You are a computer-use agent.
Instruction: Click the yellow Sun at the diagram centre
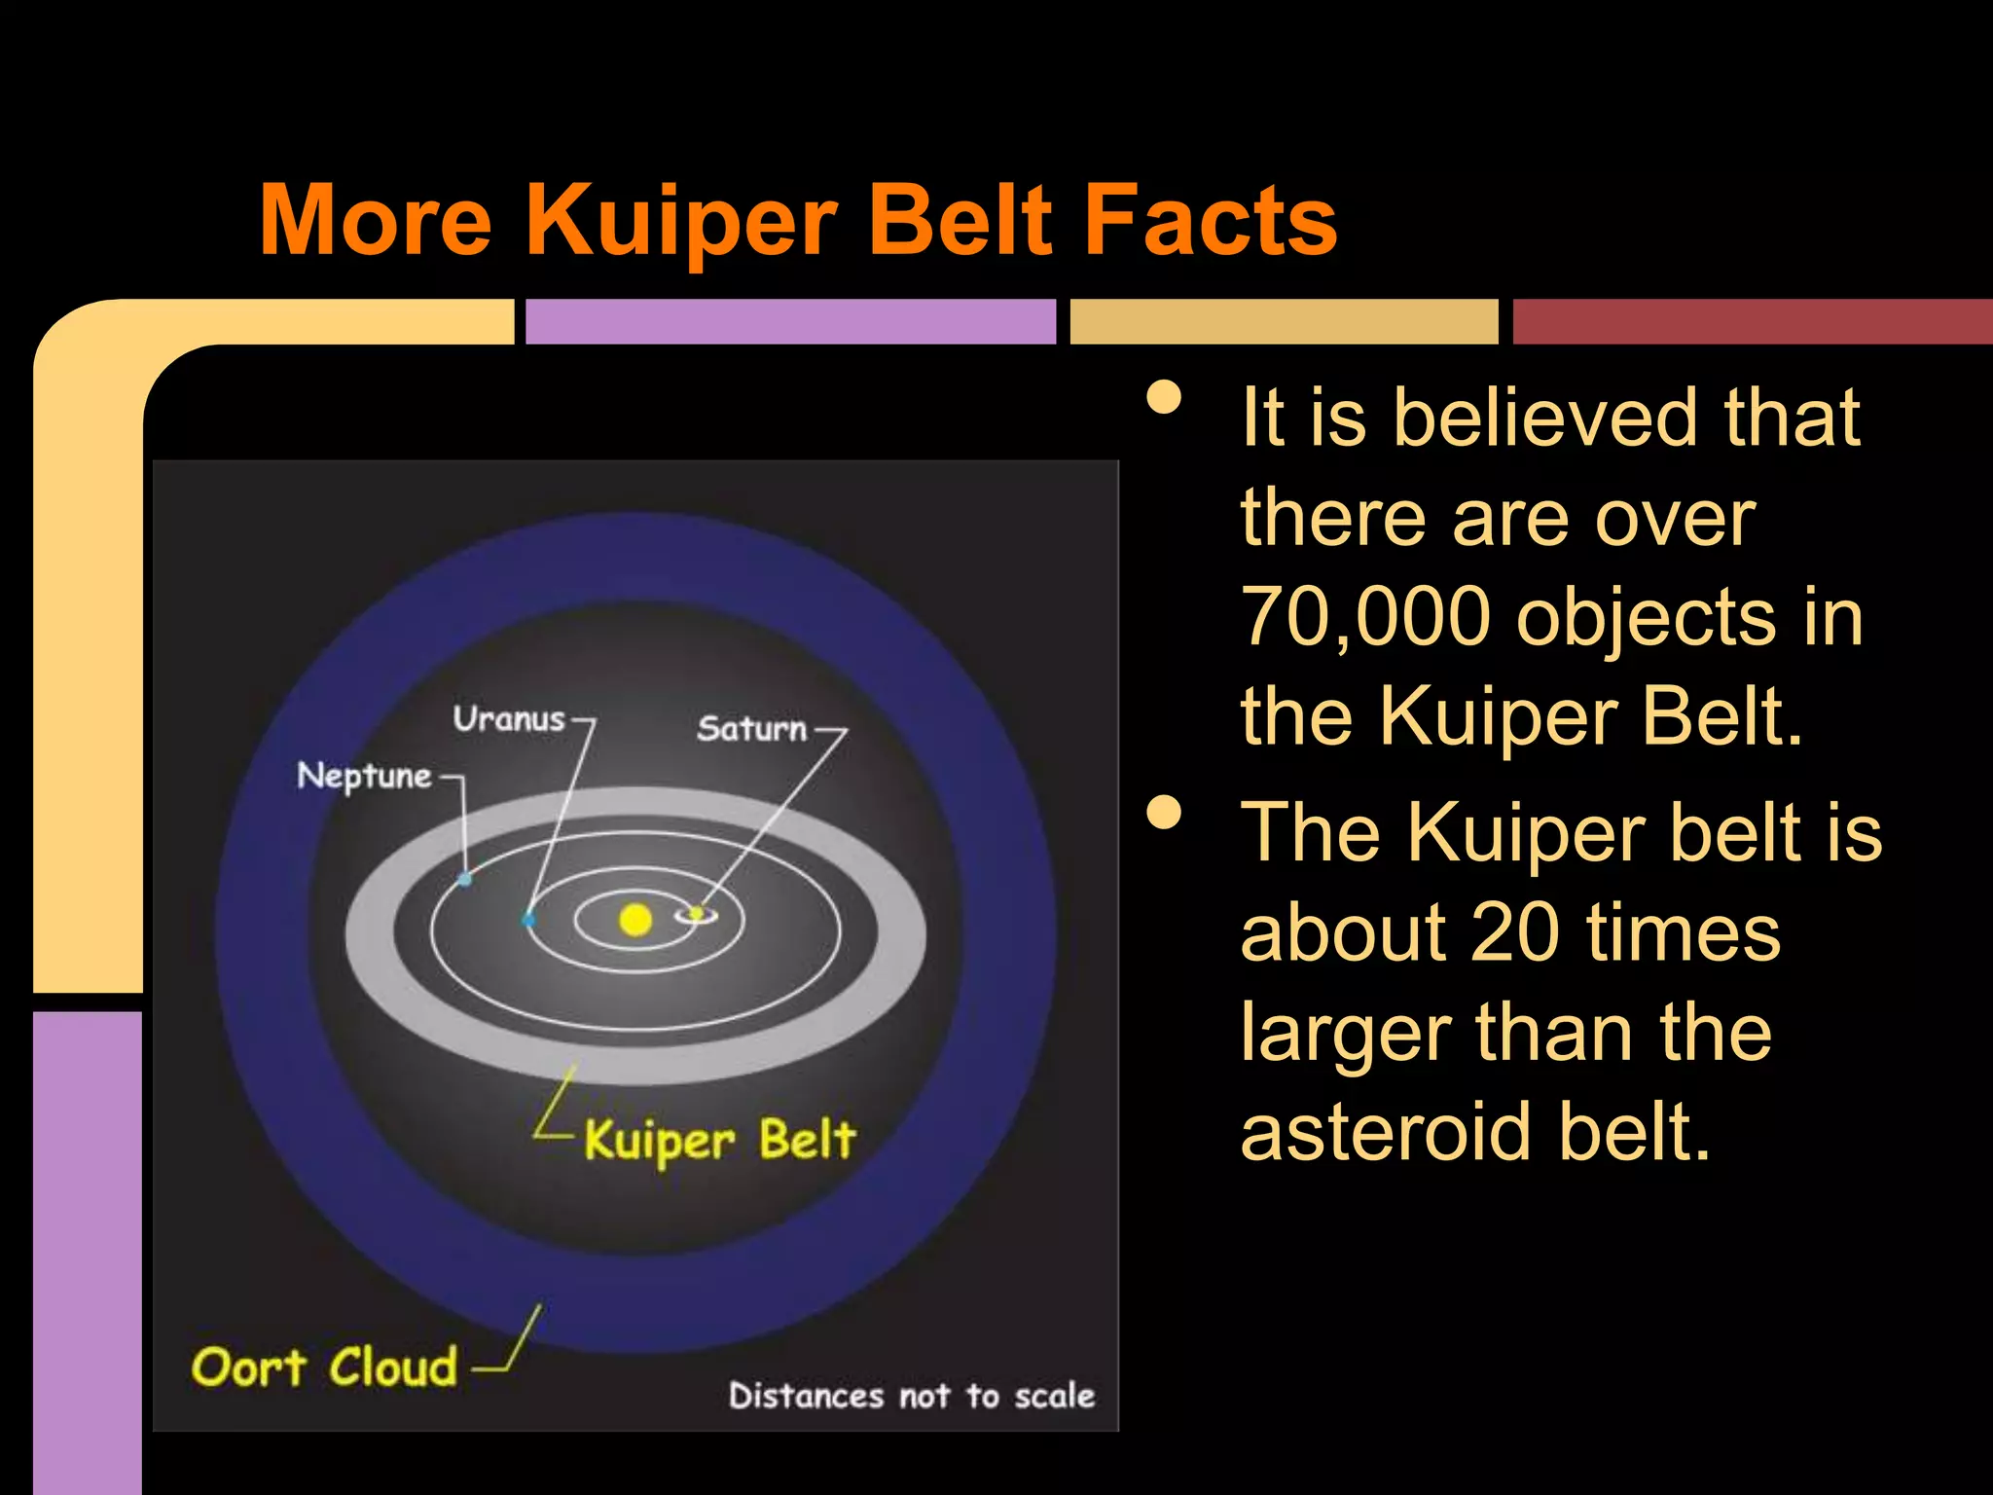[635, 920]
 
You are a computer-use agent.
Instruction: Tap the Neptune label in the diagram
[364, 777]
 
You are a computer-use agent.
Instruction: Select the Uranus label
[509, 719]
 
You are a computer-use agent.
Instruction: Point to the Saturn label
[752, 729]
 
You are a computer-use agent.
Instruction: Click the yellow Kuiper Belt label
[720, 1141]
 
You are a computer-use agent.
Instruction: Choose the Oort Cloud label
[324, 1367]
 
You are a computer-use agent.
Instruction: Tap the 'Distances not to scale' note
[912, 1396]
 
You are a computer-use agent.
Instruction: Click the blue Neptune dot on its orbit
[465, 879]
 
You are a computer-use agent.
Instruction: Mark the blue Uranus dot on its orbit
[528, 919]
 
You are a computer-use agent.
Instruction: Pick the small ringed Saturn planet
[697, 913]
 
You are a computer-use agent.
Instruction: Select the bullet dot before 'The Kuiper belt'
[1164, 813]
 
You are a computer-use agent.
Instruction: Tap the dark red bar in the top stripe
[1752, 321]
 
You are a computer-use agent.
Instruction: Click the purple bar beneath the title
[790, 321]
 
